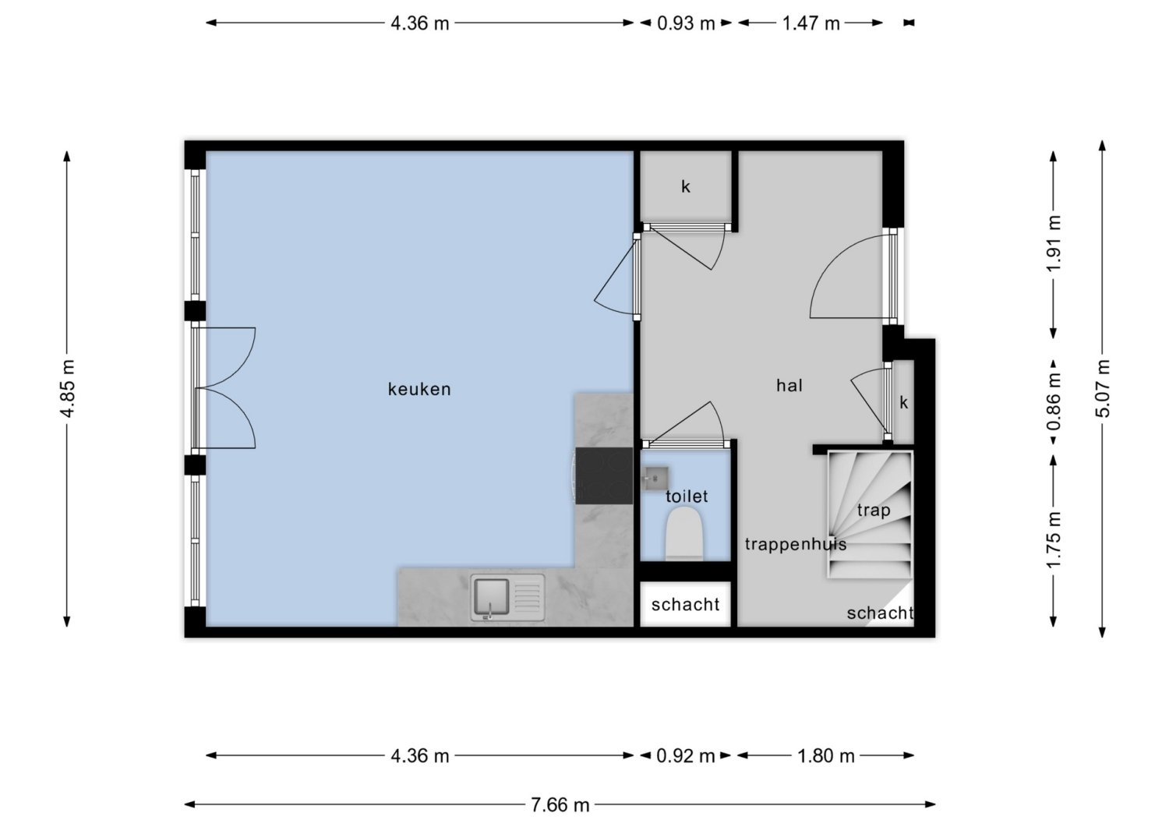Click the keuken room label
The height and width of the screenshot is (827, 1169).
[419, 390]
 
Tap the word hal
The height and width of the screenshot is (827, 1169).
[789, 386]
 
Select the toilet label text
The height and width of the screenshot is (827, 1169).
[687, 496]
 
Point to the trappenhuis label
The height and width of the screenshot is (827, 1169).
[796, 545]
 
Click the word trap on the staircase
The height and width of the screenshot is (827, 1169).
[874, 510]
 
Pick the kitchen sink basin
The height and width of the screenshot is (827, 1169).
[491, 597]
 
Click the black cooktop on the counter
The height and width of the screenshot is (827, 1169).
[604, 476]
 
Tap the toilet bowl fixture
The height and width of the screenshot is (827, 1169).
[684, 535]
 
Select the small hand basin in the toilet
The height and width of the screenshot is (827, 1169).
[655, 479]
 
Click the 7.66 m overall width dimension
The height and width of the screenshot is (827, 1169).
[560, 804]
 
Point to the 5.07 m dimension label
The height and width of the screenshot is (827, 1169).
[1102, 389]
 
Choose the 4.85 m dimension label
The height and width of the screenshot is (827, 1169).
[67, 389]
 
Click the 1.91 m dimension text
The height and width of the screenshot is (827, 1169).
[1054, 243]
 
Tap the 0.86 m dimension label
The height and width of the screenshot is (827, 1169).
[1054, 401]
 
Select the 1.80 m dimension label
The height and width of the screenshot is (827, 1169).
[826, 755]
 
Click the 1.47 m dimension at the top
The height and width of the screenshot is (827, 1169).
[811, 23]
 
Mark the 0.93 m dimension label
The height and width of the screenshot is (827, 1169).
[686, 23]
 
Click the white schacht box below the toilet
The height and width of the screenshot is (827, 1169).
[685, 604]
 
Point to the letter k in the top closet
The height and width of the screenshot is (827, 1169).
[686, 186]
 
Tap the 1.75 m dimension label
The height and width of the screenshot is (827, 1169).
[1054, 540]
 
